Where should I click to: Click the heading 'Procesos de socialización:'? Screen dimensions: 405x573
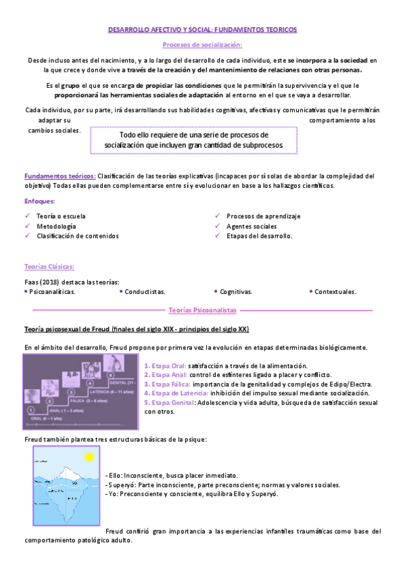[202, 45]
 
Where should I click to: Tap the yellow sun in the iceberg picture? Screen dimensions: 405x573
[88, 458]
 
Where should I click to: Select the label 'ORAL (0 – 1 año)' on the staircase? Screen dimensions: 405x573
[45, 419]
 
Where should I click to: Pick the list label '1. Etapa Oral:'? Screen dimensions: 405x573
[165, 366]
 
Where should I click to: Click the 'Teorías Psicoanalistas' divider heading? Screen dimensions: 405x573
[202, 309]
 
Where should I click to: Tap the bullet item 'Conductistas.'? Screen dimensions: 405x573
[145, 292]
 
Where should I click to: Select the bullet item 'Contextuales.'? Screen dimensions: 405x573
[335, 292]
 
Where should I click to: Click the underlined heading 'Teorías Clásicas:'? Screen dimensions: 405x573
[49, 267]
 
